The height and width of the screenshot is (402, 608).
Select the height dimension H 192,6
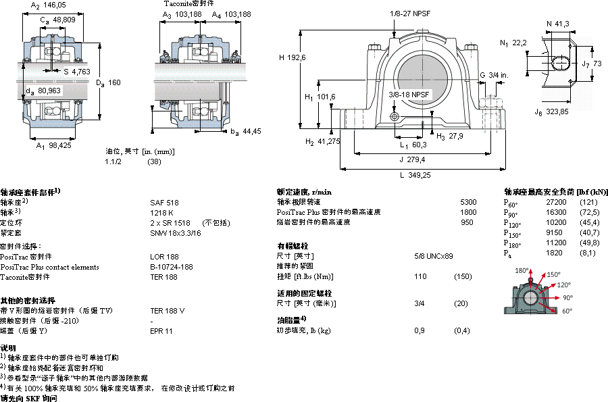point(293,57)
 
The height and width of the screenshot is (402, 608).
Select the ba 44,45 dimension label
point(245,131)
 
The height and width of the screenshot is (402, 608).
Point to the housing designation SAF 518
point(164,202)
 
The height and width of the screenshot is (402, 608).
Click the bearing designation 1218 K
point(161,212)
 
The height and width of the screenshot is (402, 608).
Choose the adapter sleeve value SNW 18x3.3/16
point(175,232)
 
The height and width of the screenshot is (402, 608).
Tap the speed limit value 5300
point(468,202)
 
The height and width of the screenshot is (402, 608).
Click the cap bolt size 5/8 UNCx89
point(433,256)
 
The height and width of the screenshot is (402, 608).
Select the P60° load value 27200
point(556,202)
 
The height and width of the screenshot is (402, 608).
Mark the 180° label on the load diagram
point(522,270)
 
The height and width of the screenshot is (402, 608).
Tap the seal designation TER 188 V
point(167,311)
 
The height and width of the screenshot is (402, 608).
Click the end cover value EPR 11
point(161,331)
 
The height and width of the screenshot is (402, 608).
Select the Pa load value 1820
point(553,253)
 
